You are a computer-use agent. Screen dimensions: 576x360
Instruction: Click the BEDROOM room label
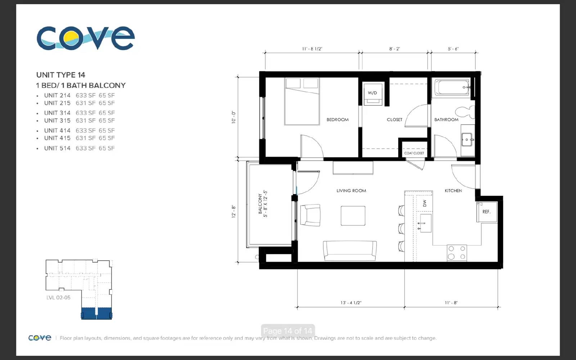tap(337, 120)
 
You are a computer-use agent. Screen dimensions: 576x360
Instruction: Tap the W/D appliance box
tap(373, 94)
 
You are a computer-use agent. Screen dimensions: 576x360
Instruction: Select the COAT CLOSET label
tap(414, 153)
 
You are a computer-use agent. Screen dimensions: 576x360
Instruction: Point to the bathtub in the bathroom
tap(452, 87)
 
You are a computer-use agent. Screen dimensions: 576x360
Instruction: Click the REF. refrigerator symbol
tap(486, 212)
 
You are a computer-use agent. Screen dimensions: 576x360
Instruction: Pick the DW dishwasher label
tap(424, 203)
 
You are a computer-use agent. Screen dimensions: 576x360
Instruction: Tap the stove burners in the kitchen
tap(457, 252)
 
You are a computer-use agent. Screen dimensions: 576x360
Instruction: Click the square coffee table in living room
tap(353, 216)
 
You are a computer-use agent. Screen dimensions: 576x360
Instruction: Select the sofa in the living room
tap(350, 251)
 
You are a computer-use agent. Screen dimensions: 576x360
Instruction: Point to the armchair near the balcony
tap(310, 215)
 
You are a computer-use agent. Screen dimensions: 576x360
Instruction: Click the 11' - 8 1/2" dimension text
tap(312, 49)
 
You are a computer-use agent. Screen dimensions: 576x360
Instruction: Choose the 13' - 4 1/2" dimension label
tap(351, 303)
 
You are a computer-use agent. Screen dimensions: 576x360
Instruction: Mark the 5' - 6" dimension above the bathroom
tap(453, 49)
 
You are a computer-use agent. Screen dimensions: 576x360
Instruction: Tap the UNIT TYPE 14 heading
tap(61, 75)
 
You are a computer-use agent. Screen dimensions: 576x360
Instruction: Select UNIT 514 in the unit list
tap(57, 148)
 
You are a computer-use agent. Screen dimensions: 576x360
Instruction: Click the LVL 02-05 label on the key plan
tap(58, 297)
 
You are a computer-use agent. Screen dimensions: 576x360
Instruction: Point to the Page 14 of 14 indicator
tap(288, 331)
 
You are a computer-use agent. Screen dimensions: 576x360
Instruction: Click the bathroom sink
tap(467, 140)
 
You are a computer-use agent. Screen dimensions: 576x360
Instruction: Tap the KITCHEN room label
tap(453, 190)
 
